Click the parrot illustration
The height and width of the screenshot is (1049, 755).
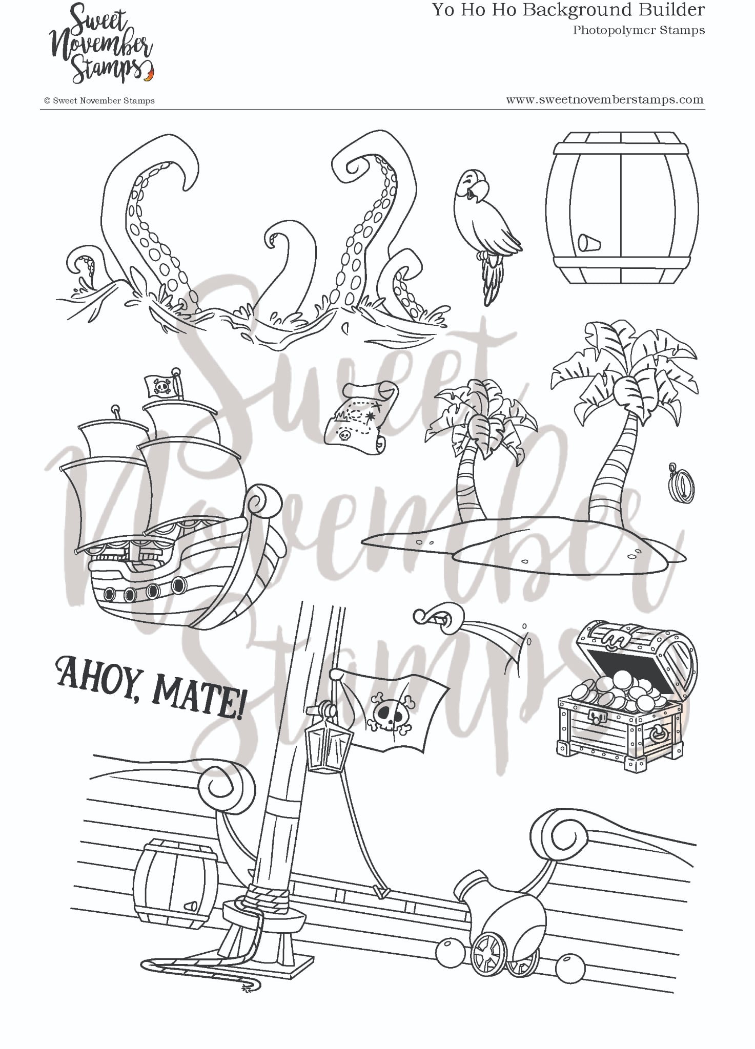(487, 225)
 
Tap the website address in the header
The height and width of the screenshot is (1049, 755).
(604, 100)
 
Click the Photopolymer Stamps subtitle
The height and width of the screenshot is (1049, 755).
(639, 30)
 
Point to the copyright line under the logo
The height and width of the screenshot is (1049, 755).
(99, 101)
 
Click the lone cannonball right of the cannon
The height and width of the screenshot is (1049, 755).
(571, 967)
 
